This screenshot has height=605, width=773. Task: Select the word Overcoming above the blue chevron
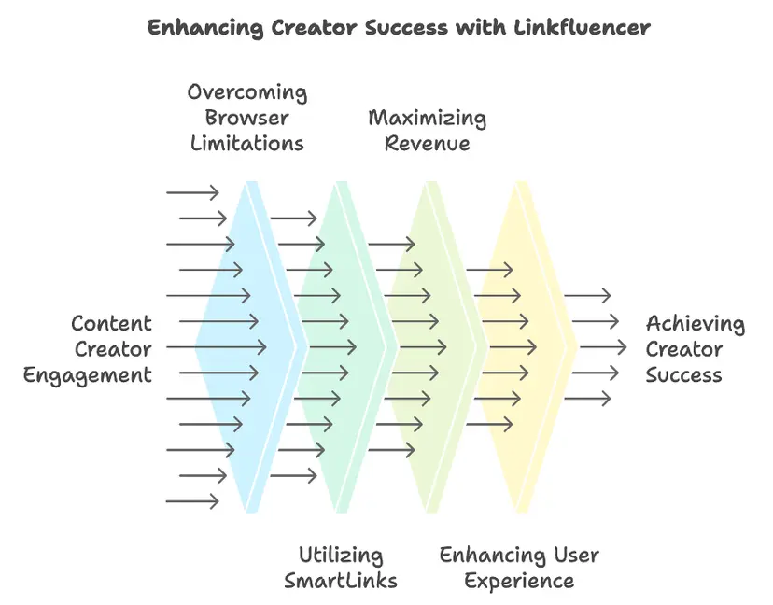tap(246, 92)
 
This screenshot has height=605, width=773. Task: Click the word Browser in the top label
tap(246, 119)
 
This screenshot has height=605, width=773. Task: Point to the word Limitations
tap(246, 144)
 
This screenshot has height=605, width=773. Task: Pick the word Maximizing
tap(427, 119)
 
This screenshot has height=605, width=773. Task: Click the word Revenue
tap(427, 144)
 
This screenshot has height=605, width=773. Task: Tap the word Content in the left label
tap(111, 324)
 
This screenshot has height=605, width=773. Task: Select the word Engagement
tap(87, 375)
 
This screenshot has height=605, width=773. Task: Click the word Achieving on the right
tap(696, 324)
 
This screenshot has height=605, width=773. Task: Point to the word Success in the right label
tap(684, 375)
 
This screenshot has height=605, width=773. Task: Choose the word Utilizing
tap(341, 555)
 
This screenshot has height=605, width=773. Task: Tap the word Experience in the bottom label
tap(519, 581)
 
